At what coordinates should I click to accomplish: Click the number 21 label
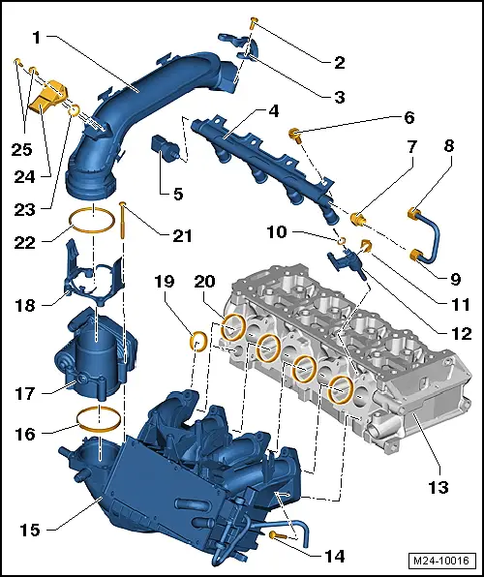[x=182, y=235]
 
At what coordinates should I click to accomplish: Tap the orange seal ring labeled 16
[x=99, y=417]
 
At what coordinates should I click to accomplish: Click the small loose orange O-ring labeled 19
[x=197, y=340]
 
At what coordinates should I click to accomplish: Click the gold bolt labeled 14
[x=276, y=534]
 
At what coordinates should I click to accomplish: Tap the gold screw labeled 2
[x=253, y=19]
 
